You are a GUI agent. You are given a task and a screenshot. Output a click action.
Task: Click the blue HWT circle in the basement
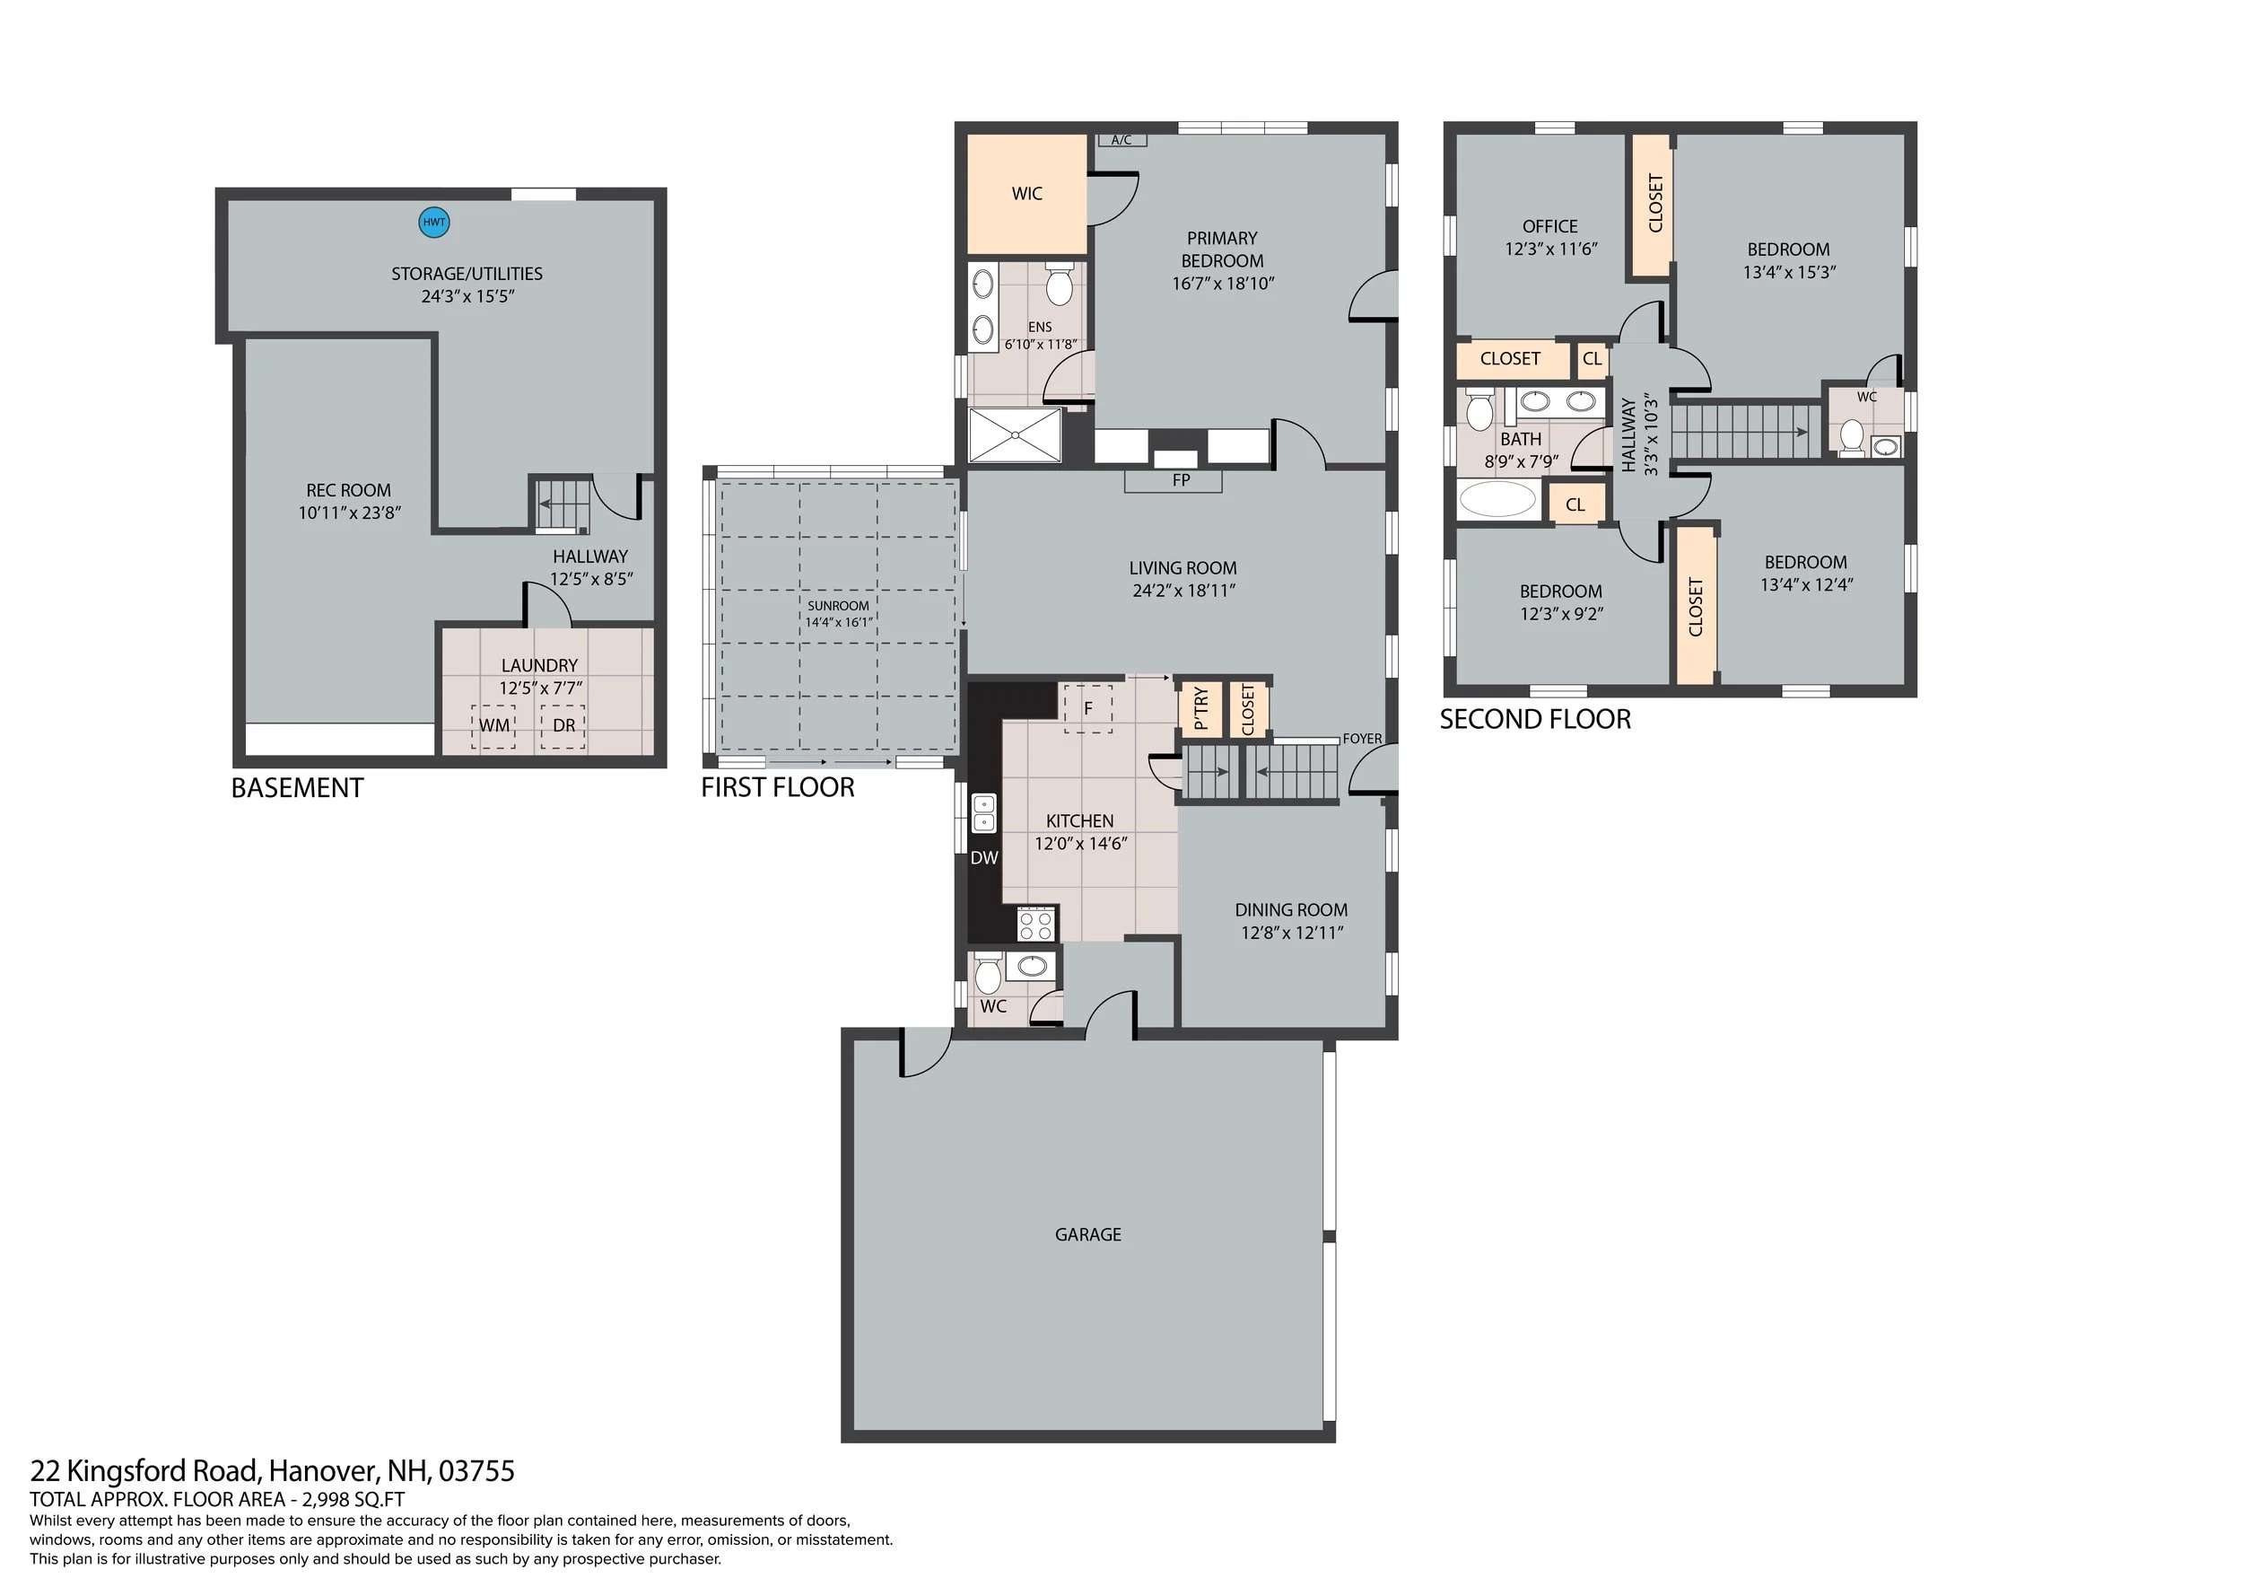pyautogui.click(x=433, y=222)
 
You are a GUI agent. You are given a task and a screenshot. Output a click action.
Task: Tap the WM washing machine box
pyautogui.click(x=493, y=727)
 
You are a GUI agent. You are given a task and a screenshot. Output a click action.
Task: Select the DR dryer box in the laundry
pyautogui.click(x=563, y=727)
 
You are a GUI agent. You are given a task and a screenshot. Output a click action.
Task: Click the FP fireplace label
pyautogui.click(x=1181, y=481)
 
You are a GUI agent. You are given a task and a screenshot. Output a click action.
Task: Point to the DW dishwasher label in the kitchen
pyautogui.click(x=983, y=858)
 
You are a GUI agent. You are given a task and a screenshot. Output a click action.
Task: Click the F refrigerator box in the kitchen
pyautogui.click(x=1087, y=707)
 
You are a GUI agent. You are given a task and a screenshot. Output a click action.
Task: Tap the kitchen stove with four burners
pyautogui.click(x=1036, y=924)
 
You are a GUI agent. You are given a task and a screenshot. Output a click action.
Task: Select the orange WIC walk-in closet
pyautogui.click(x=1026, y=194)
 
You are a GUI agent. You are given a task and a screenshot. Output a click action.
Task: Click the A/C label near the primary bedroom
pyautogui.click(x=1121, y=140)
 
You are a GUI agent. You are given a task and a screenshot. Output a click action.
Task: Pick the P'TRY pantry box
pyautogui.click(x=1200, y=708)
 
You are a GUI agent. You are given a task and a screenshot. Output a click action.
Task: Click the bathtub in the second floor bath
pyautogui.click(x=1497, y=499)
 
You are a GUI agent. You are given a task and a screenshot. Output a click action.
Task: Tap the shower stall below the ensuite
pyautogui.click(x=1014, y=434)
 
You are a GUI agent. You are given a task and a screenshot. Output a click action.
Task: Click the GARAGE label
pyautogui.click(x=1087, y=1234)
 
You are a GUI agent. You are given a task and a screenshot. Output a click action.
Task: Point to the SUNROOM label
pyautogui.click(x=838, y=606)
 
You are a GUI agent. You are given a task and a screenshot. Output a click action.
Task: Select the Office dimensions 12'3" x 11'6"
pyautogui.click(x=1550, y=250)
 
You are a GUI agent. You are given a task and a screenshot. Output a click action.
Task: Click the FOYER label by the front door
pyautogui.click(x=1362, y=739)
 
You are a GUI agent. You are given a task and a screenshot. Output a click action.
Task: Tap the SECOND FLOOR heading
pyautogui.click(x=1535, y=720)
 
